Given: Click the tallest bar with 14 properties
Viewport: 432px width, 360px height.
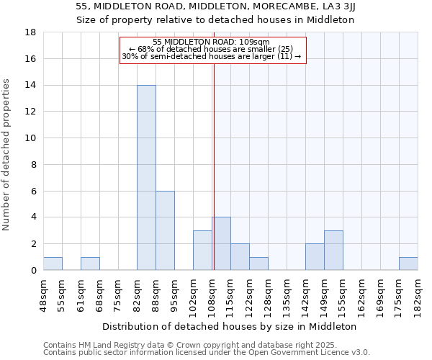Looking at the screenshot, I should pos(146,178).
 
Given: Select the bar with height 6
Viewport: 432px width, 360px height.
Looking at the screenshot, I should pos(165,230).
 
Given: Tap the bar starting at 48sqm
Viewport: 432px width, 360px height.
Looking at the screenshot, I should pos(53,264).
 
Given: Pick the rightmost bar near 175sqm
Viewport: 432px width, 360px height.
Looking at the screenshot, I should pos(408,264).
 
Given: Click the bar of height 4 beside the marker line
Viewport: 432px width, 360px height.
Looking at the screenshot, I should pos(221,243).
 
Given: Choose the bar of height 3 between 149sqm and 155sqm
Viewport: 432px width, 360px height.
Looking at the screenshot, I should pos(333,250).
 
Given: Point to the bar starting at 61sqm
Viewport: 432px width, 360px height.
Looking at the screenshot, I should pos(90,264).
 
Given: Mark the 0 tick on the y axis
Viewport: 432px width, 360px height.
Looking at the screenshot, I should pos(33,271).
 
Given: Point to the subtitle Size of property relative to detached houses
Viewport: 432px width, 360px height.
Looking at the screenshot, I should pos(216,19).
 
